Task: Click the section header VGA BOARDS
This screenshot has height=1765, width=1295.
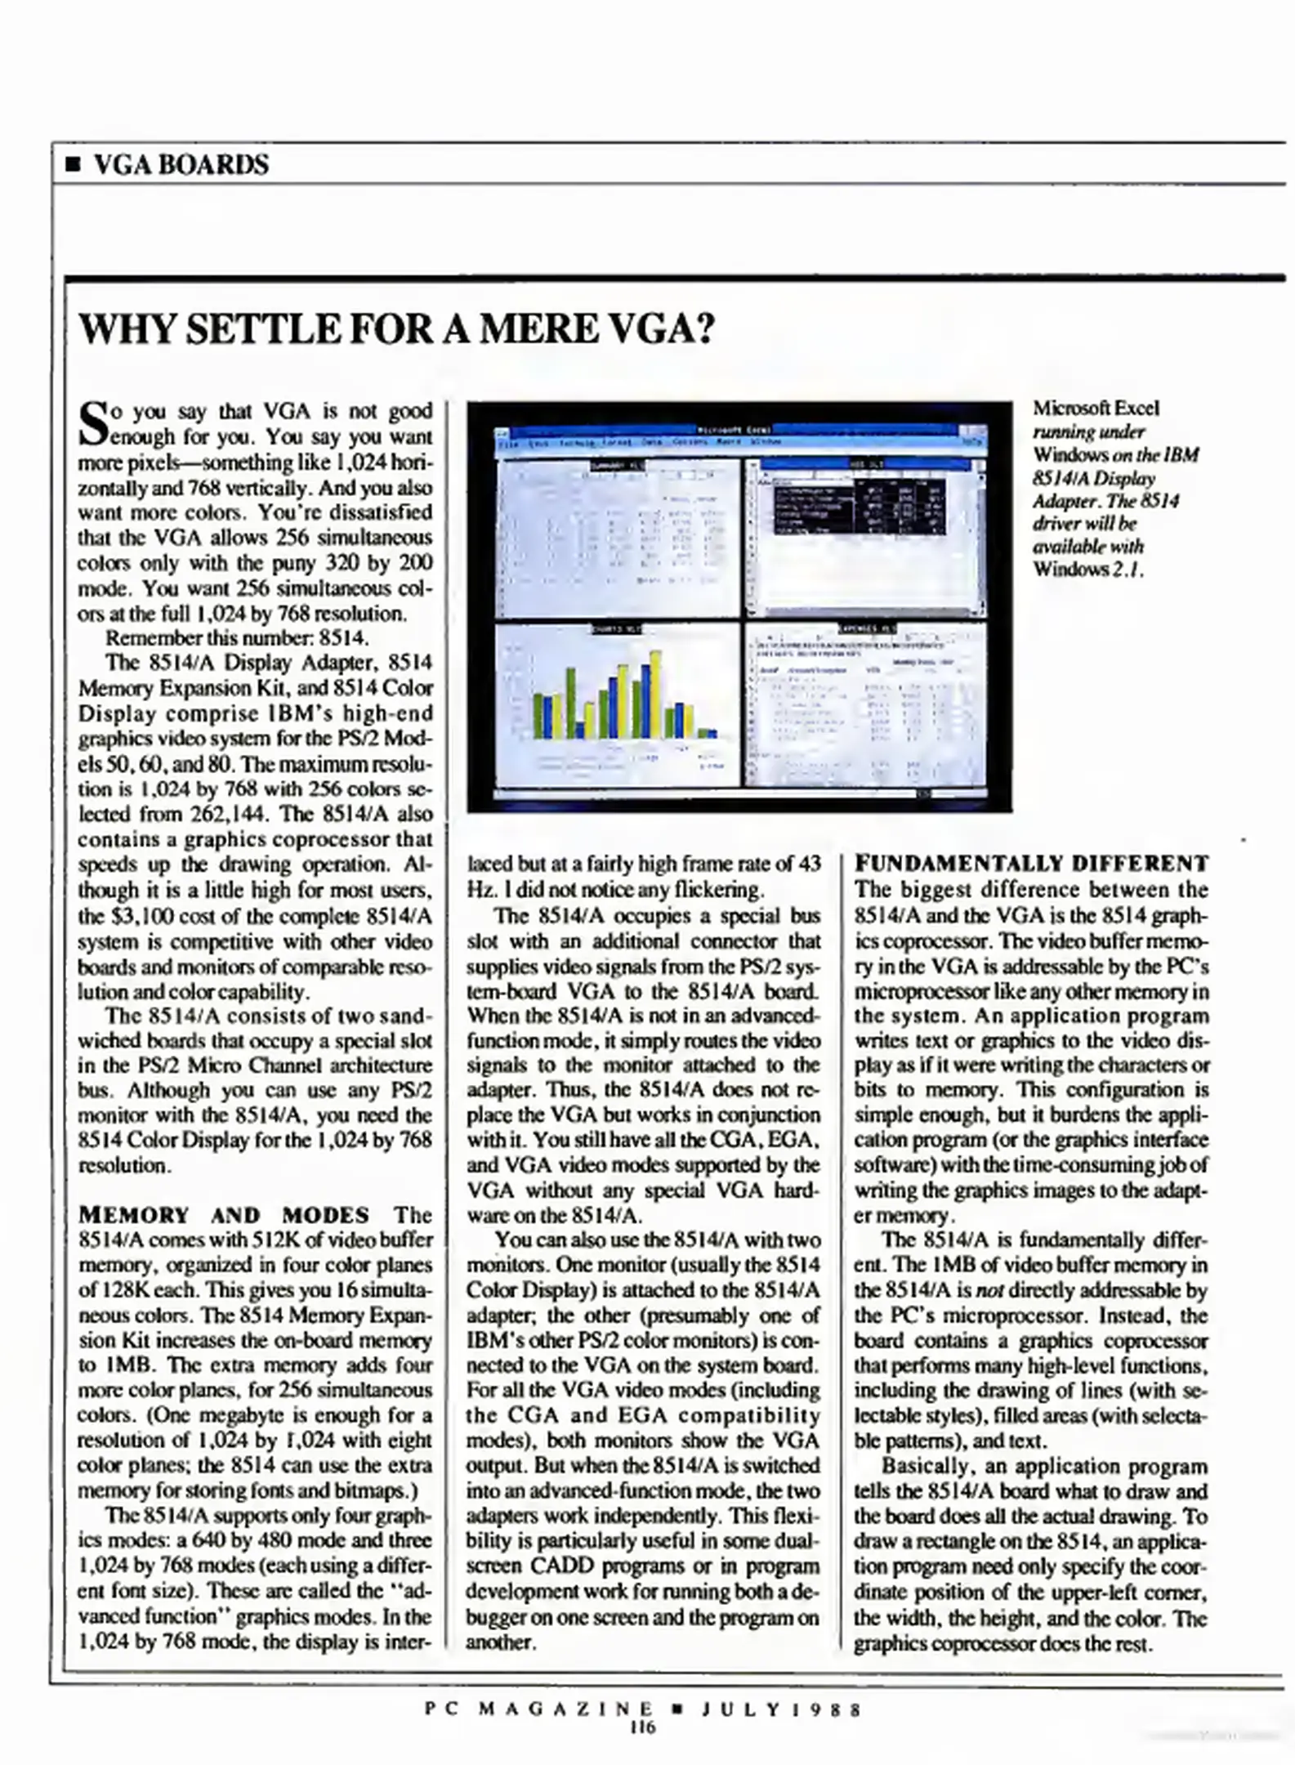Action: tap(181, 165)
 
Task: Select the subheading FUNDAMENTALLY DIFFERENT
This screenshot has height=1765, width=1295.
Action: tap(1031, 864)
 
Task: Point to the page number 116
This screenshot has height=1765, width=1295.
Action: tap(642, 1727)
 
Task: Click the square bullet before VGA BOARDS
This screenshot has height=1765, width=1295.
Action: tap(74, 166)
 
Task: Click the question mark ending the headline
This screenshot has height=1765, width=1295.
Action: tap(703, 330)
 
